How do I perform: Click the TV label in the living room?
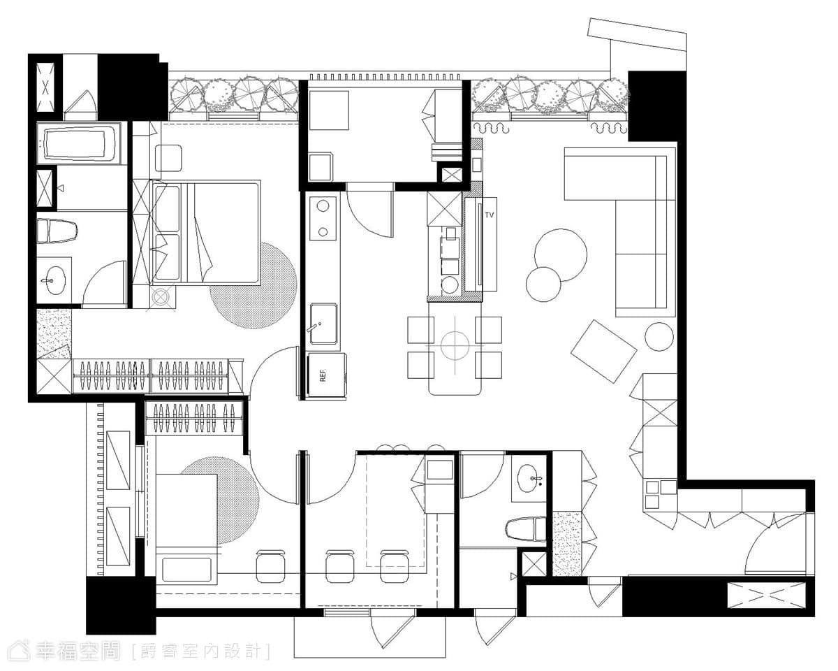tap(490, 215)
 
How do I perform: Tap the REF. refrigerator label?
tap(323, 375)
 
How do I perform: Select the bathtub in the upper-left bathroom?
tap(80, 143)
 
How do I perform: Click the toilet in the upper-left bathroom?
tap(57, 231)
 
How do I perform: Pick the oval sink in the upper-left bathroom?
tap(53, 280)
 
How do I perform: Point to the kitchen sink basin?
tap(323, 324)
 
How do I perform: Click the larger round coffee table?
tap(560, 255)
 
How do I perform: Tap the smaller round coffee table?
tap(543, 284)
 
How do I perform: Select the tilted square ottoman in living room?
tap(603, 352)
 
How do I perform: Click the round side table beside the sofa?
tap(659, 337)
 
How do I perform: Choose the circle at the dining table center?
tap(455, 346)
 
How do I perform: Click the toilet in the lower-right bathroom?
tap(526, 529)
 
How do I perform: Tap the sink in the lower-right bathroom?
tap(530, 478)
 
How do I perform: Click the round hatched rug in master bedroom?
tap(253, 285)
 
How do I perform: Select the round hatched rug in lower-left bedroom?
tap(220, 500)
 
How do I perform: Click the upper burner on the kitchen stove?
tap(323, 206)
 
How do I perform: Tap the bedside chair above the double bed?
tap(168, 158)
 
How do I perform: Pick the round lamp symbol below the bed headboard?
tap(161, 297)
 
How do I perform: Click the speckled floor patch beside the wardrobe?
tap(54, 333)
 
